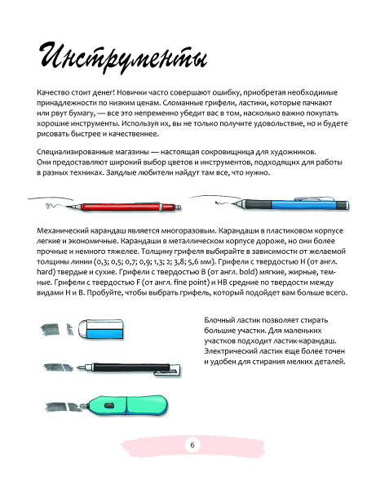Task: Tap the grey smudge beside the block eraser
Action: click(x=55, y=328)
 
